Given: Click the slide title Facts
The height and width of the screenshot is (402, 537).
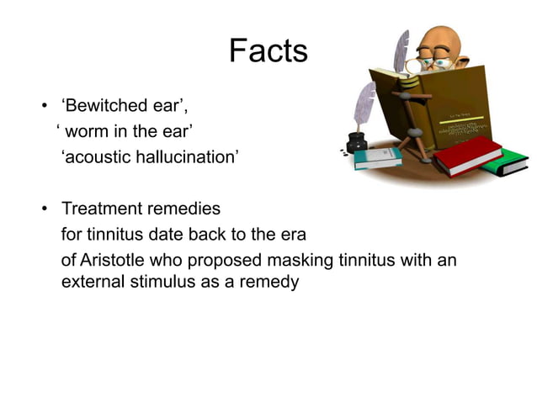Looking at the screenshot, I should click(268, 52).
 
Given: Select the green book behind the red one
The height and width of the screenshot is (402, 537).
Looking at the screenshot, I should click(508, 164).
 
